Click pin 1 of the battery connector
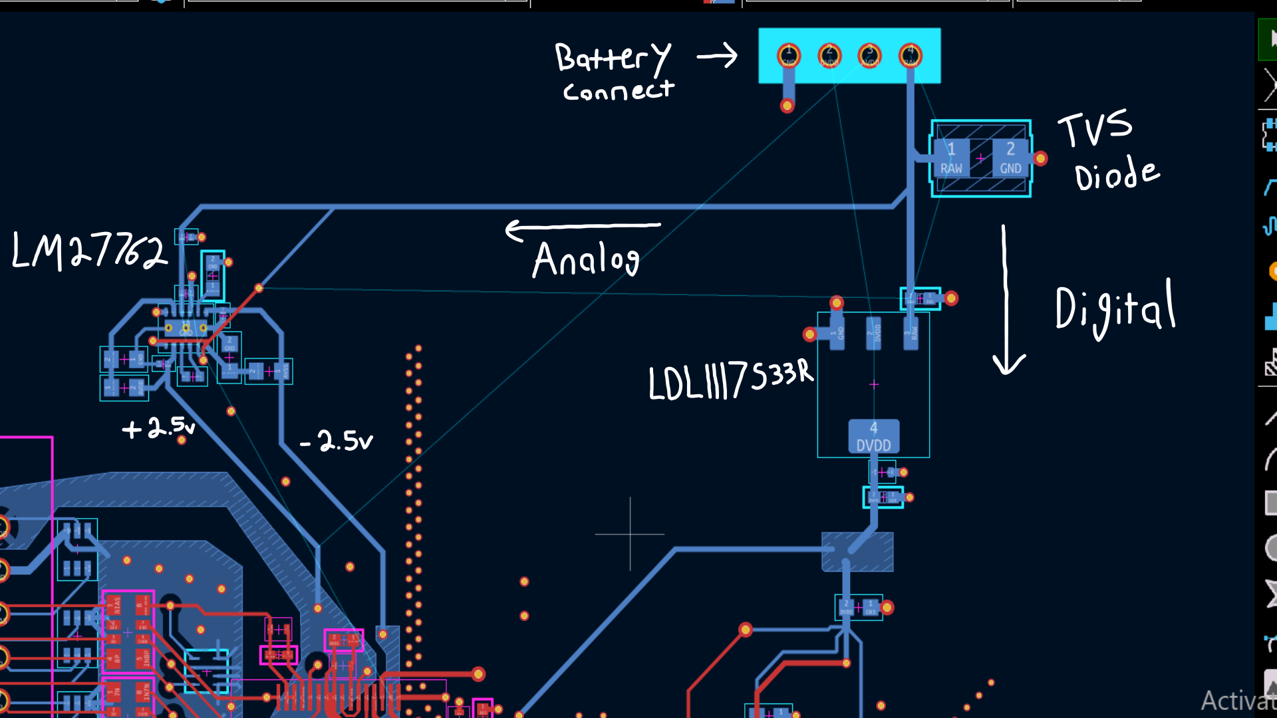pos(789,55)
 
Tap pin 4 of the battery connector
pos(911,55)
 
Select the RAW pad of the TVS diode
pos(951,158)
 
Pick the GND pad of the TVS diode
pos(1010,158)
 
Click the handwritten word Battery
pos(613,57)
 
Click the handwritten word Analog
pos(586,259)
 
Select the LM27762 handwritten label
pos(89,251)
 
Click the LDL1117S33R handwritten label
pos(730,380)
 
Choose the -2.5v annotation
pos(337,440)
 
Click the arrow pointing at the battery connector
pos(718,56)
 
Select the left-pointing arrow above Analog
pos(583,229)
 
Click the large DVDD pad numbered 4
pos(873,436)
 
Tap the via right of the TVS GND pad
pos(1041,158)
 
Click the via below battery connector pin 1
pos(787,105)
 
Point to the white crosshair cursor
pos(630,534)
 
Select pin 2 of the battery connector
pos(829,55)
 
